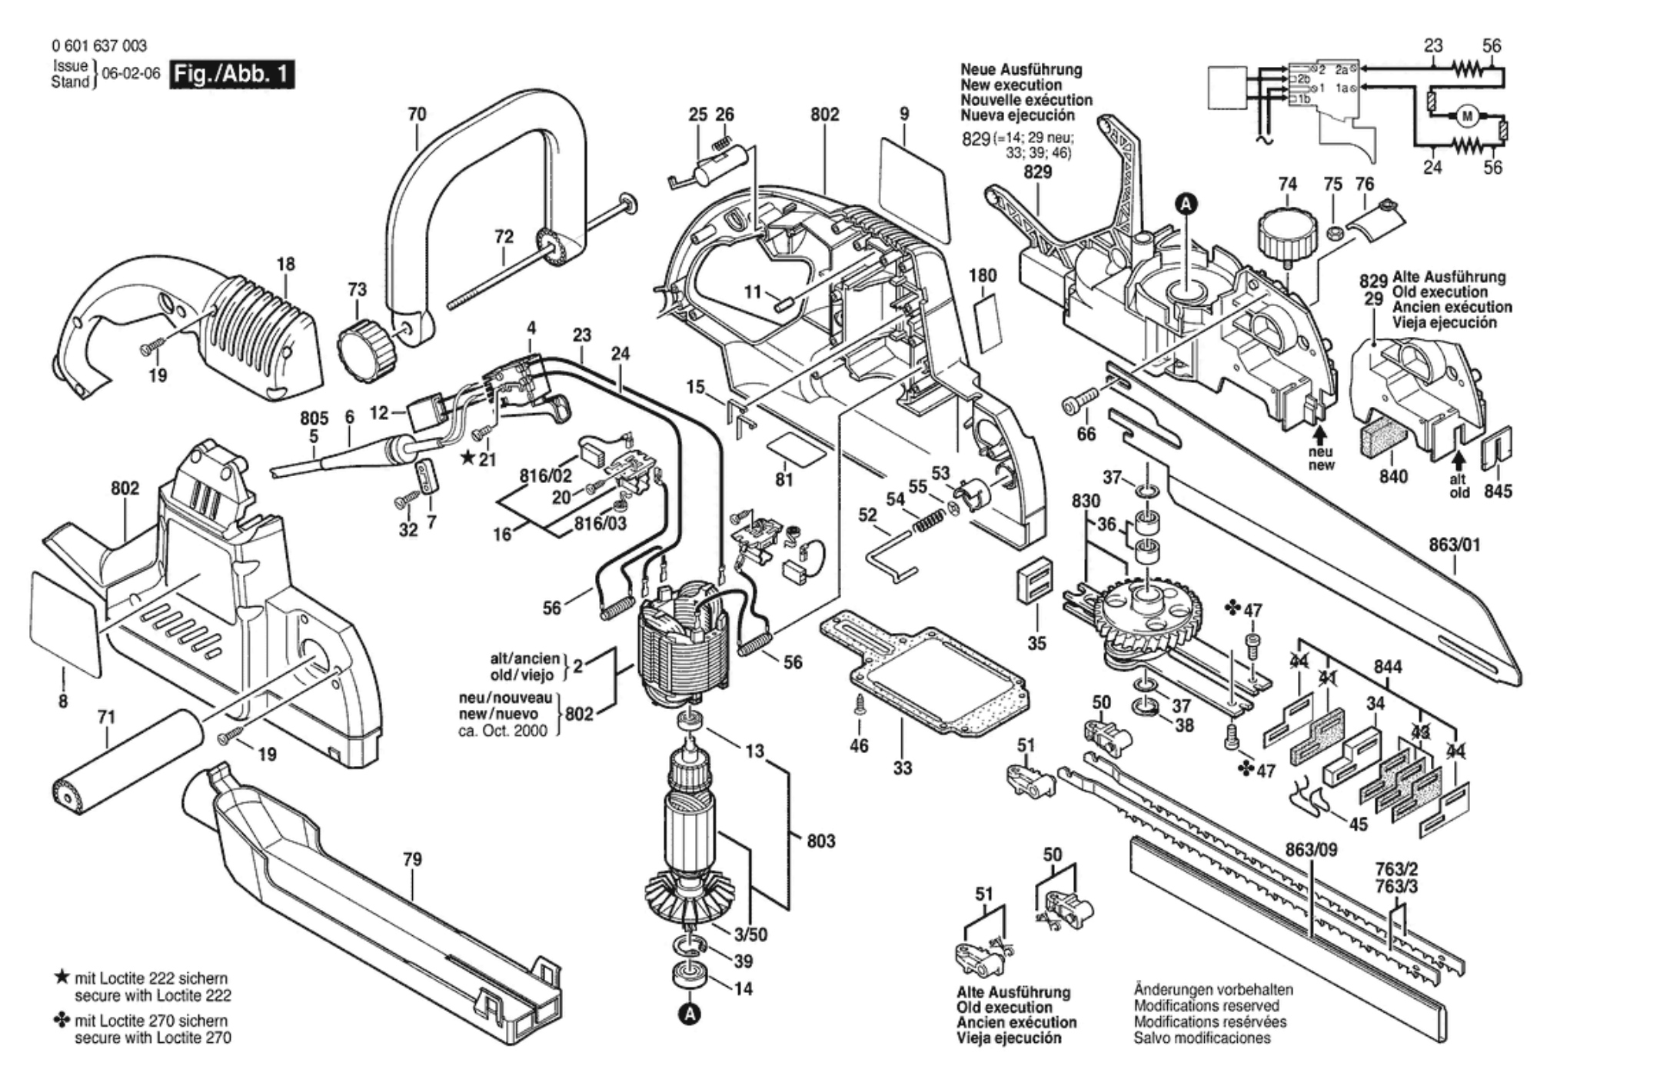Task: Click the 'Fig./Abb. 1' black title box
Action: point(233,74)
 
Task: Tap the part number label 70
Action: point(417,115)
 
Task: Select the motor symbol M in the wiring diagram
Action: point(1467,117)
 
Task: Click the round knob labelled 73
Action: point(368,345)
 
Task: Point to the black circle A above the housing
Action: point(1187,203)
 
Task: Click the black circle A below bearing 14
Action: point(691,1014)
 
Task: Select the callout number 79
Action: point(413,859)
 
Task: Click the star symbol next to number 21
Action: point(467,458)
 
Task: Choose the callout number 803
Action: point(821,841)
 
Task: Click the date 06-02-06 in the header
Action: point(131,74)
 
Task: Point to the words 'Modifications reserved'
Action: point(1206,1006)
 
